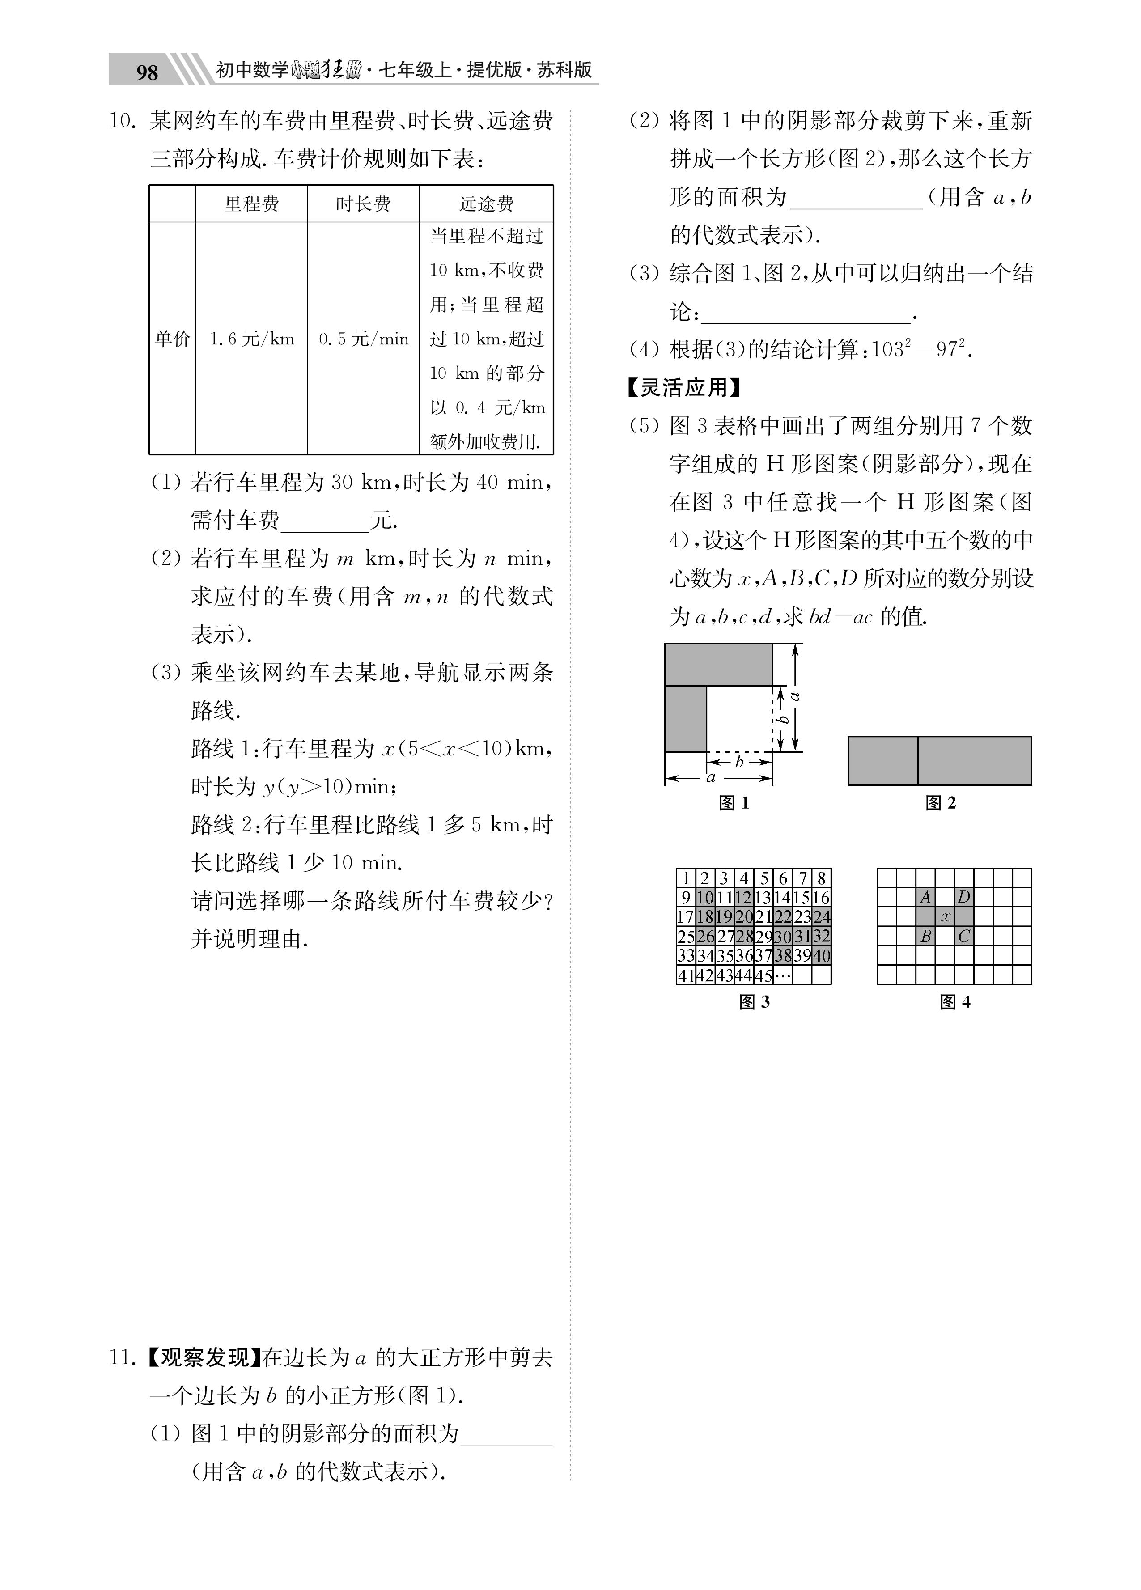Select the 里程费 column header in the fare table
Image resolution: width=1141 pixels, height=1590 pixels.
(x=251, y=204)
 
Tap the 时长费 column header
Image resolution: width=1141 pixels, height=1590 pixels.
(x=363, y=204)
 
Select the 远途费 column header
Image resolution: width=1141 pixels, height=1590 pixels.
(x=486, y=204)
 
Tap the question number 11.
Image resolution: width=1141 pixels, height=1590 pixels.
(x=122, y=1358)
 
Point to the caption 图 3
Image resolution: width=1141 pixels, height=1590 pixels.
(x=754, y=1002)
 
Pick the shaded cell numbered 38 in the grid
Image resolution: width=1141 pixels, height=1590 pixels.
(x=783, y=955)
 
